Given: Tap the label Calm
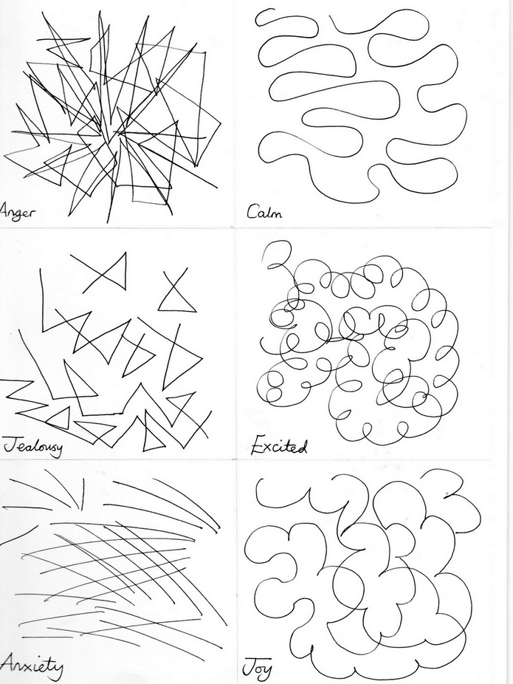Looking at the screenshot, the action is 264,213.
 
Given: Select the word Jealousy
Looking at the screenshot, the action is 33,447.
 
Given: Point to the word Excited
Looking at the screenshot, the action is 279,447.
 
